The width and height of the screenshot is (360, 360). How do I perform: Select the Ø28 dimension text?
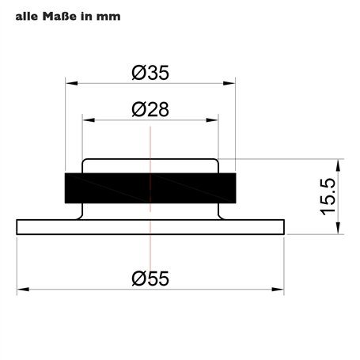coord(150,111)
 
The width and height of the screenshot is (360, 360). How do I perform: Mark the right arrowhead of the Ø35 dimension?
coord(233,82)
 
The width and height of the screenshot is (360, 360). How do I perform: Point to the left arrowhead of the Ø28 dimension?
coord(86,119)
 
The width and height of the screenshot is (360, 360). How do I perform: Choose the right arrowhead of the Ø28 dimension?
coord(214,119)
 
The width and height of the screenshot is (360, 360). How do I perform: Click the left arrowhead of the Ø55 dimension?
coord(20,288)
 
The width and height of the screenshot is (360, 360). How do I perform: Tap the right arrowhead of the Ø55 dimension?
coord(280,288)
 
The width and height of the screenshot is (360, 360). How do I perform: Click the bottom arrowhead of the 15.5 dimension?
coord(339,230)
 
